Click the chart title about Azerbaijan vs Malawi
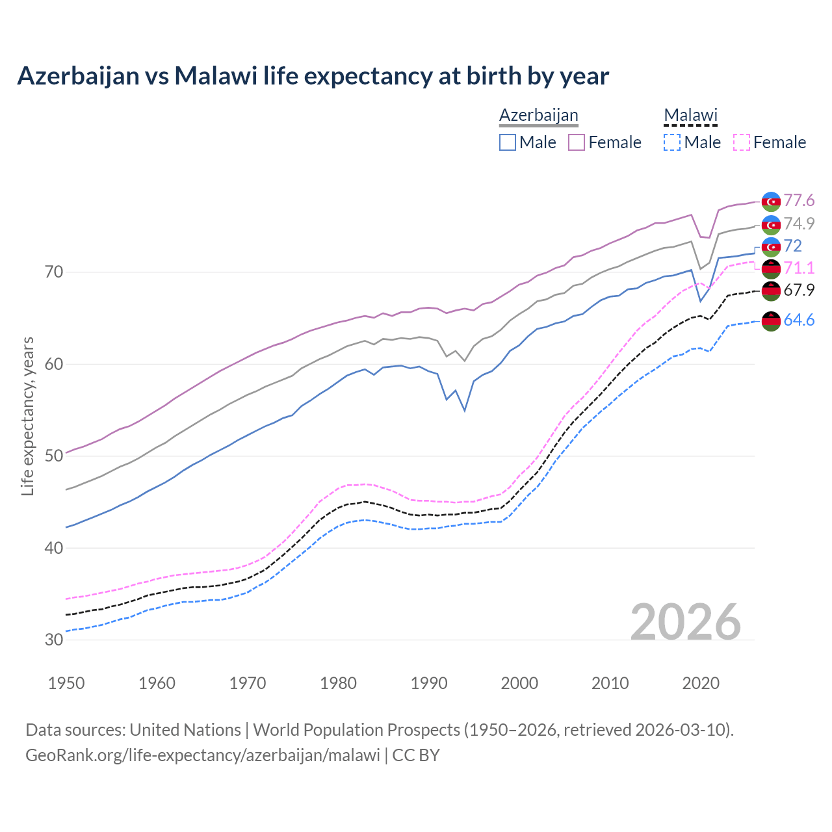click(x=313, y=76)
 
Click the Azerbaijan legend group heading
click(x=538, y=116)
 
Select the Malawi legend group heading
click(x=690, y=116)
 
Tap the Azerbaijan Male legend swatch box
click(x=508, y=142)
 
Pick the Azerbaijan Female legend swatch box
click(x=577, y=142)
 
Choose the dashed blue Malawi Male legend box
click(x=672, y=142)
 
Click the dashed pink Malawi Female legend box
click(x=741, y=142)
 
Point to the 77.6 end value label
click(x=799, y=201)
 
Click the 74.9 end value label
click(x=799, y=224)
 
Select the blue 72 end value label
click(x=793, y=246)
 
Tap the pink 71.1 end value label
click(x=799, y=268)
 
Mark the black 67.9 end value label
click(x=799, y=290)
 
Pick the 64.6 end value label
click(x=799, y=320)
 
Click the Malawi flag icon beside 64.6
click(x=771, y=320)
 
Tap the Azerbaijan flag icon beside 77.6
click(x=771, y=201)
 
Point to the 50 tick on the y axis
click(x=54, y=456)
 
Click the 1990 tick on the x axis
click(x=429, y=683)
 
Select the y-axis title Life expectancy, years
click(x=28, y=416)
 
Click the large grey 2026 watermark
click(x=685, y=622)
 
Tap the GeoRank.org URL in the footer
click(x=202, y=755)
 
